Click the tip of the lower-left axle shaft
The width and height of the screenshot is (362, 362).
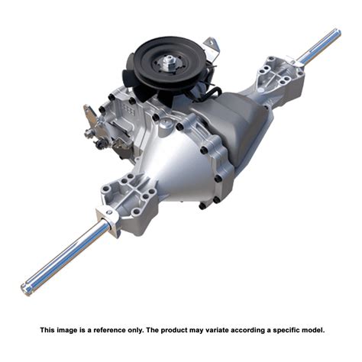pyautogui.click(x=26, y=289)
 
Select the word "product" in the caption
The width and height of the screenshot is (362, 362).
pyautogui.click(x=176, y=330)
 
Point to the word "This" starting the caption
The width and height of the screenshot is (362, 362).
pyautogui.click(x=47, y=330)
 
